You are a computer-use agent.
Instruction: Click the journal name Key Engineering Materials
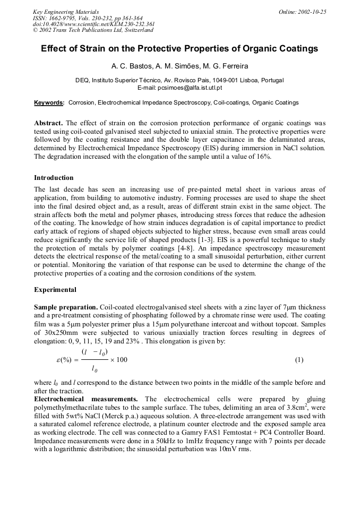pyautogui.click(x=65, y=12)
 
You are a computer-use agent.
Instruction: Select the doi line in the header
pyautogui.click(x=94, y=24)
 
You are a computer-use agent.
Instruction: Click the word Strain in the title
pyautogui.click(x=90, y=49)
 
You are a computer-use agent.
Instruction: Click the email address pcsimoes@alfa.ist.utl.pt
pyautogui.click(x=192, y=87)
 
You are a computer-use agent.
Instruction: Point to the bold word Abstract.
pyautogui.click(x=48, y=123)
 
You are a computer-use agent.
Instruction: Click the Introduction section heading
pyautogui.click(x=54, y=178)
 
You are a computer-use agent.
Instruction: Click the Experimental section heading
pyautogui.click(x=55, y=290)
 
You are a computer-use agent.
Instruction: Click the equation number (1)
pyautogui.click(x=299, y=360)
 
